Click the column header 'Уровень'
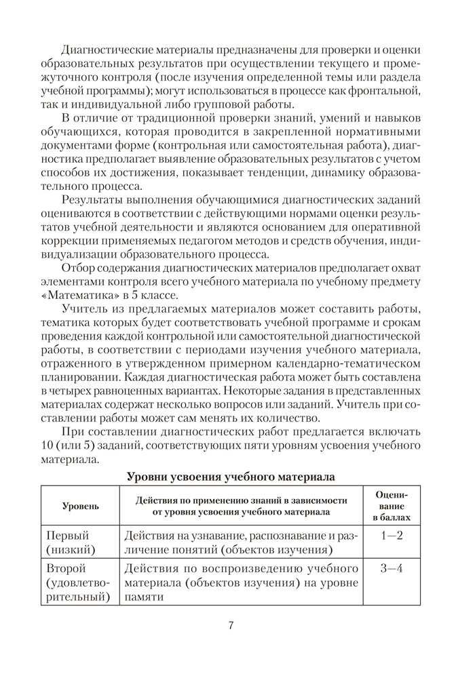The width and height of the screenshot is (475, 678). [x=80, y=506]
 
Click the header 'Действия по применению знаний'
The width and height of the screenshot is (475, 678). [x=241, y=500]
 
